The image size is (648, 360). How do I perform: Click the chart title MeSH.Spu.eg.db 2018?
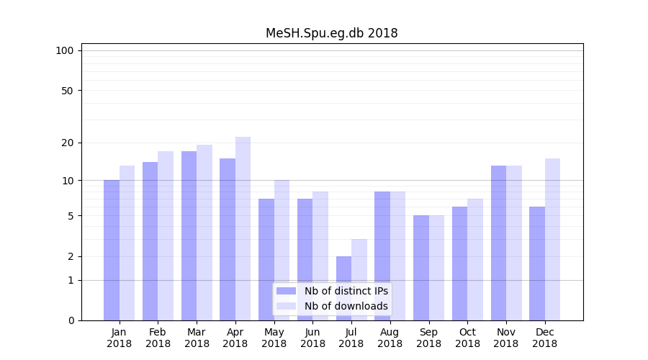(331, 33)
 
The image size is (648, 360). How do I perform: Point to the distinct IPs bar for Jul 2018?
(343, 288)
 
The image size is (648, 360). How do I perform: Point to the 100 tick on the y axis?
(65, 50)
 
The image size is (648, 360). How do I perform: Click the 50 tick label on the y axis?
(68, 91)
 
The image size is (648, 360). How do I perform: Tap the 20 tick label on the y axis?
(68, 143)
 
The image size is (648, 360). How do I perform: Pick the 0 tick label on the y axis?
(71, 320)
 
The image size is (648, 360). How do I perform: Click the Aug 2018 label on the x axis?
(390, 338)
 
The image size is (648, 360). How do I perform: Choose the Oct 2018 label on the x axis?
(467, 338)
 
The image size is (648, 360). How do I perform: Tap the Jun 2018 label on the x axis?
(312, 338)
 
